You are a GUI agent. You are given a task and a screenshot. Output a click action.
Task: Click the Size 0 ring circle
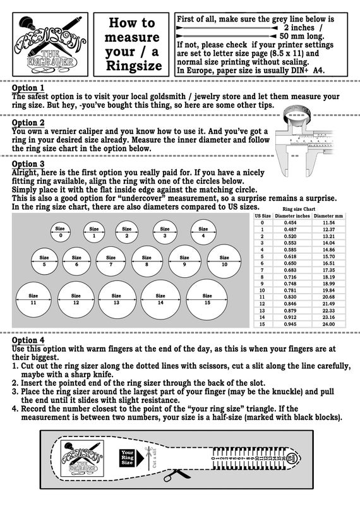(x=61, y=232)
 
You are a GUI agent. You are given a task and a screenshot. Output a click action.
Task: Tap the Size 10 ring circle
(x=224, y=261)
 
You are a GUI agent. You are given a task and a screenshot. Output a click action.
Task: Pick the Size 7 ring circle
(x=111, y=261)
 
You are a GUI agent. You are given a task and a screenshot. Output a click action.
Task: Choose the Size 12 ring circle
(x=76, y=299)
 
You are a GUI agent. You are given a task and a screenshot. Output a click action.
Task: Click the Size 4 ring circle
(x=203, y=232)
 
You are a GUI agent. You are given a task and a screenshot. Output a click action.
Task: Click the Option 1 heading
(x=28, y=88)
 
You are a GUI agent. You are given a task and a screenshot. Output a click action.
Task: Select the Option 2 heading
(x=28, y=123)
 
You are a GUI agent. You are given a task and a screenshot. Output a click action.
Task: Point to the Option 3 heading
(x=28, y=164)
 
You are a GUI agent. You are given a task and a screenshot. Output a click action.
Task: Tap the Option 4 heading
(x=28, y=340)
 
